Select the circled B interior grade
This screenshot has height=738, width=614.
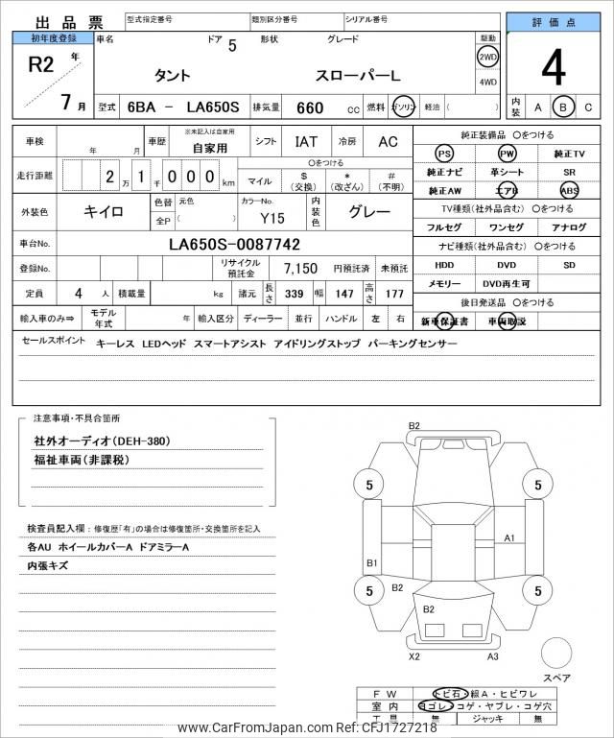point(564,107)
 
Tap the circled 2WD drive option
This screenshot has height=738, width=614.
point(487,57)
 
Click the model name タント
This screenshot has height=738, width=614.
point(173,76)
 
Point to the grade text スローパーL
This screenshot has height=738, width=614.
point(355,76)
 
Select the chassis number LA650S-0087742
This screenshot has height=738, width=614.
point(234,245)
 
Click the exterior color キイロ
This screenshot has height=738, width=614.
point(102,209)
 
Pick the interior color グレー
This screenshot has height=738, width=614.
point(368,209)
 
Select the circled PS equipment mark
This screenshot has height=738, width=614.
point(444,154)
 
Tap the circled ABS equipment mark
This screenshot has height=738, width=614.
point(569,190)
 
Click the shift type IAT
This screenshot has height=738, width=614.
point(306,142)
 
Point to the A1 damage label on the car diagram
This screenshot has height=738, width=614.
point(509,537)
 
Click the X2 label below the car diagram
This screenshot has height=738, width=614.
point(414,656)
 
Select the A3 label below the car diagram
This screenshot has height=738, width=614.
point(492,656)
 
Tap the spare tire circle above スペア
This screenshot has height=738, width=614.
point(555,655)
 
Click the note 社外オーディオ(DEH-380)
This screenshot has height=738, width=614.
point(87,440)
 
